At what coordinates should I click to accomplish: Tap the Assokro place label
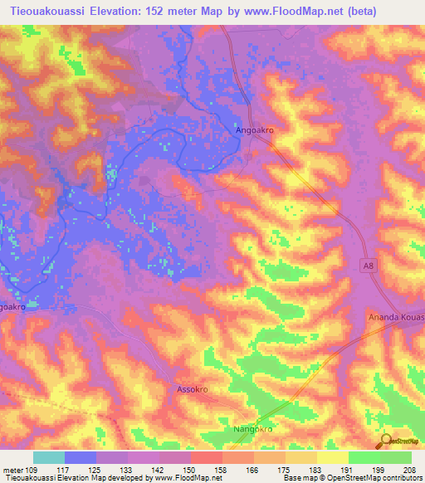click(192, 388)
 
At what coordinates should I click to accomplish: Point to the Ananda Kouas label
click(397, 318)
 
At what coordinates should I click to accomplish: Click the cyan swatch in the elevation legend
click(49, 457)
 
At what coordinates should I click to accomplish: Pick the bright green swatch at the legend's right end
click(396, 457)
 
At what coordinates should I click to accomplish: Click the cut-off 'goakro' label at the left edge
click(13, 306)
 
